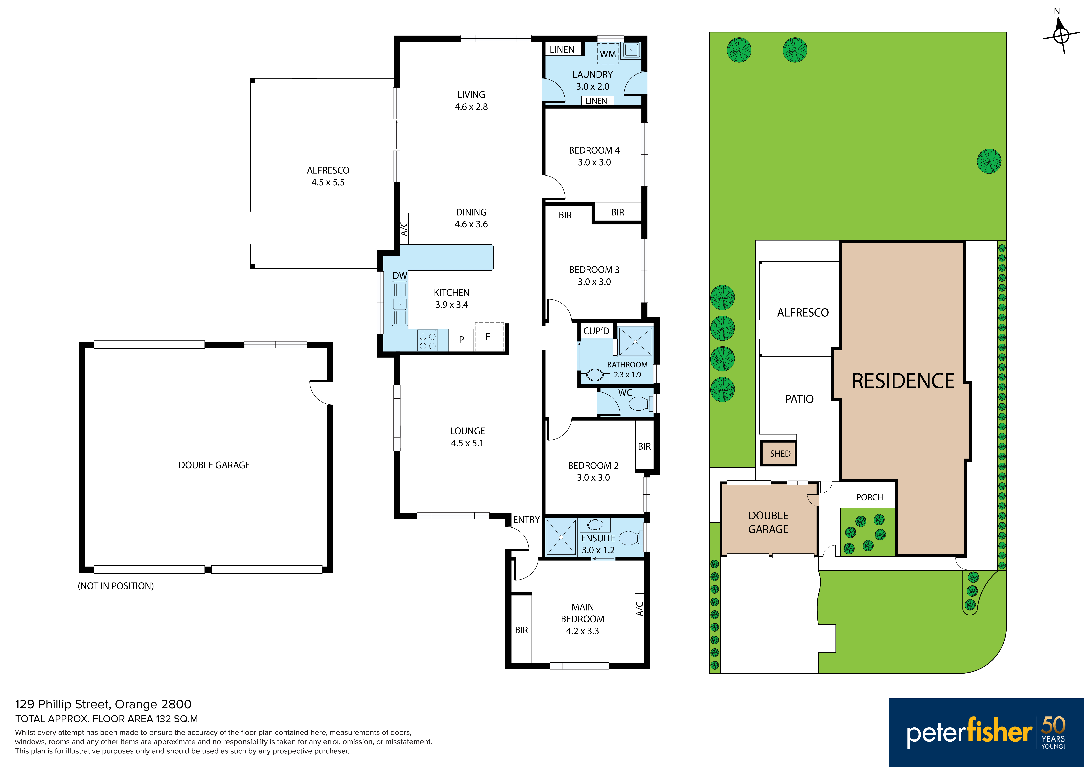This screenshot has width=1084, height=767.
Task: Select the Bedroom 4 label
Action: [x=594, y=150]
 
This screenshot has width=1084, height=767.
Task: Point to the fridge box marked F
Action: [x=489, y=336]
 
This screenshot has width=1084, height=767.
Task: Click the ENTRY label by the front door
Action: [x=526, y=520]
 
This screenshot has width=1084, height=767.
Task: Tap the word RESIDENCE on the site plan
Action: [x=903, y=381]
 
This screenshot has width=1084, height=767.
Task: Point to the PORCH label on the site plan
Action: [x=869, y=497]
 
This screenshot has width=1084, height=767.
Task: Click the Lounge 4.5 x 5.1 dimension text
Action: [x=467, y=443]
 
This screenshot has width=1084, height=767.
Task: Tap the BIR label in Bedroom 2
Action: [x=644, y=446]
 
